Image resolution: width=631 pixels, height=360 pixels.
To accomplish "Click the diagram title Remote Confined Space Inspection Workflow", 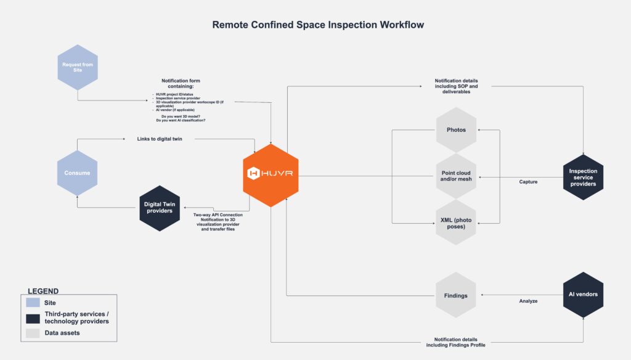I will pyautogui.click(x=318, y=25).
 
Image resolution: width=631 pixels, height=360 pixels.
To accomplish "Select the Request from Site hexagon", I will pyautogui.click(x=77, y=67).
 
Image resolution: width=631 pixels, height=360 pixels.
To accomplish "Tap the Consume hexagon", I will pyautogui.click(x=77, y=173).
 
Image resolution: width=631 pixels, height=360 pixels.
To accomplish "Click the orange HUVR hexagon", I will pyautogui.click(x=271, y=173).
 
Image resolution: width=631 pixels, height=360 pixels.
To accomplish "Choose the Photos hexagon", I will pyautogui.click(x=456, y=130).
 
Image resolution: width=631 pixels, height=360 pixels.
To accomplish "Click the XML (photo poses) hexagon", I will pyautogui.click(x=456, y=223).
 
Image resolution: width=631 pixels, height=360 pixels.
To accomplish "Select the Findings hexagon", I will pyautogui.click(x=456, y=295).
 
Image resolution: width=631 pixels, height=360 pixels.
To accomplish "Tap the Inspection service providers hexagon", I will pyautogui.click(x=583, y=177).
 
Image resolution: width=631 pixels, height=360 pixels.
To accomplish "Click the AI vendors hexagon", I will pyautogui.click(x=583, y=295).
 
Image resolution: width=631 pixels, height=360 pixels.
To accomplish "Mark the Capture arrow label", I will pyautogui.click(x=528, y=182).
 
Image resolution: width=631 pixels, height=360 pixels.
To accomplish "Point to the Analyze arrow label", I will pyautogui.click(x=528, y=301).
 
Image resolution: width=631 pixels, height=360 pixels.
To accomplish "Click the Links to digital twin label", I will pyautogui.click(x=160, y=139).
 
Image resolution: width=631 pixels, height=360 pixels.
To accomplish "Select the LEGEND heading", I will pyautogui.click(x=43, y=291).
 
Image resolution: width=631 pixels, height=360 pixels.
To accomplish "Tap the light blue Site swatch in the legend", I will pyautogui.click(x=33, y=303).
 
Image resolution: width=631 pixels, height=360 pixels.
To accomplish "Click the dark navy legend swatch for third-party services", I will pyautogui.click(x=33, y=317).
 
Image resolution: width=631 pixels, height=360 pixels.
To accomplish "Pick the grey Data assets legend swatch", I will pyautogui.click(x=33, y=333).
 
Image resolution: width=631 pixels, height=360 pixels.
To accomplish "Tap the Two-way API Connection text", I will pyautogui.click(x=218, y=215).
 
